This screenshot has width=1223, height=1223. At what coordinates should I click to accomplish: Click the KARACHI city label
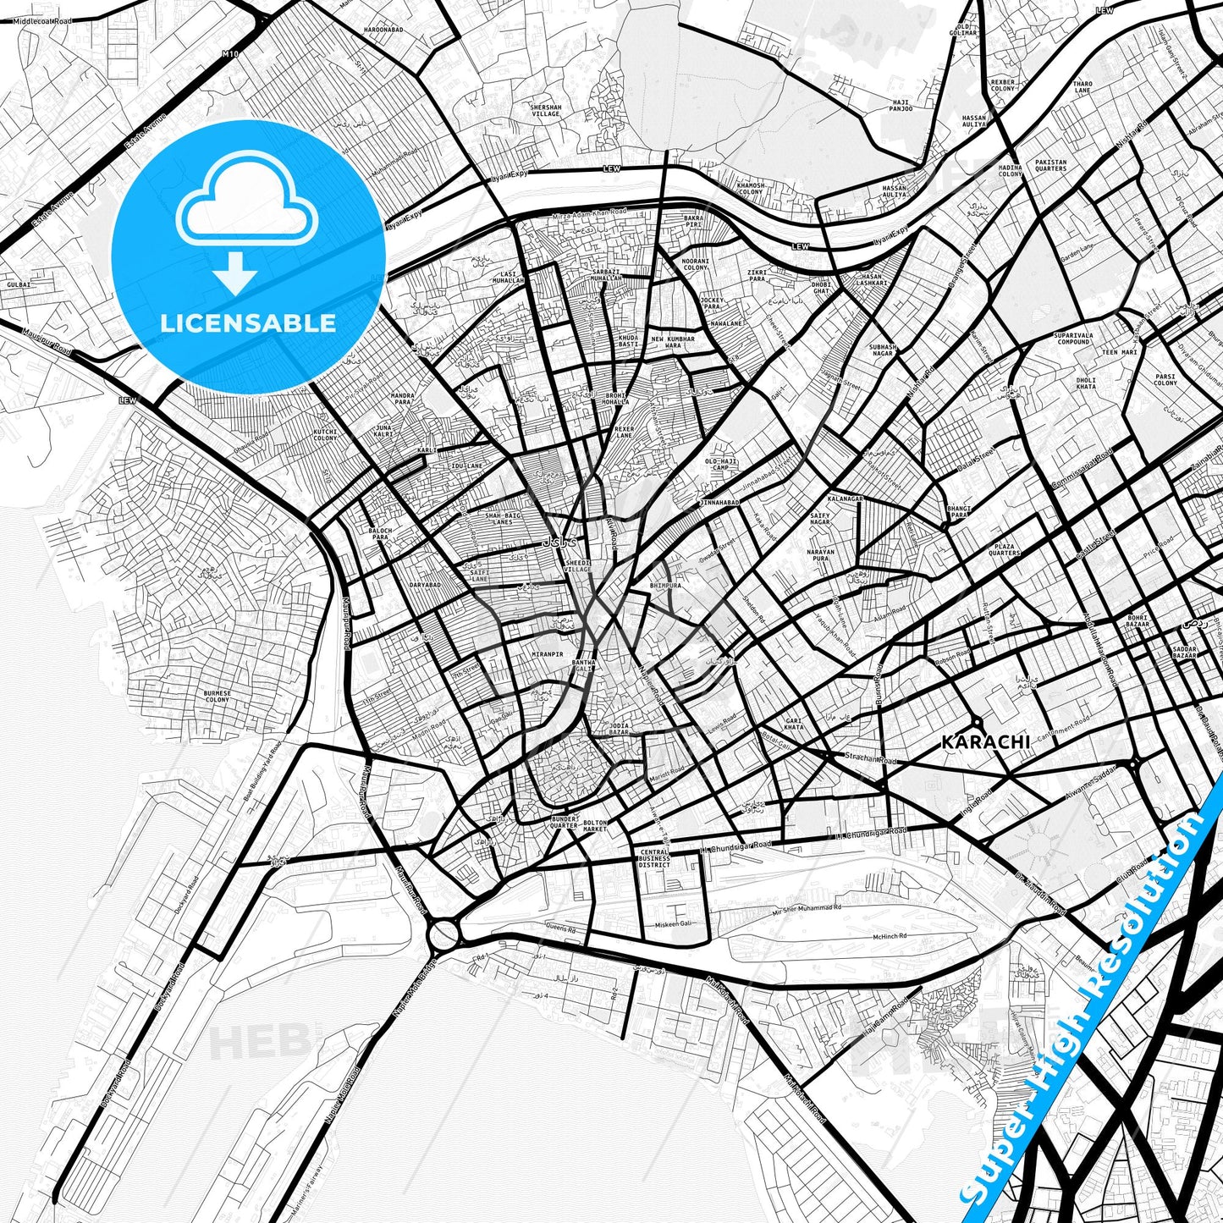coord(986,742)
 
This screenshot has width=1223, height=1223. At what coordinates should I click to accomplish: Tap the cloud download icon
coord(247,222)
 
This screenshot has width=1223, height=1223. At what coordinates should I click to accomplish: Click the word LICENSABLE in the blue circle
coord(249,323)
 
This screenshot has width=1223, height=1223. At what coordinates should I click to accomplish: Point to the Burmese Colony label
coord(218,697)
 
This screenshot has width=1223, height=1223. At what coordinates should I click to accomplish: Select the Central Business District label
coord(654,858)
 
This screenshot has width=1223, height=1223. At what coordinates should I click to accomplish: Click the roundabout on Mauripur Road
coord(443,935)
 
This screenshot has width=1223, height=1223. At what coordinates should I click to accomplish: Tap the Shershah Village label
coord(546,111)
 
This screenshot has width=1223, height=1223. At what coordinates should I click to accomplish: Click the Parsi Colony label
coord(1165,380)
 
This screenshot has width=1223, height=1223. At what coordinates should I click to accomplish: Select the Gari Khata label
coord(794,724)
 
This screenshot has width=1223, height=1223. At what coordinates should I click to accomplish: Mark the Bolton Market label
coord(596,826)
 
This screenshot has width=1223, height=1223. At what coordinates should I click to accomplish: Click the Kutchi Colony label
coord(325,435)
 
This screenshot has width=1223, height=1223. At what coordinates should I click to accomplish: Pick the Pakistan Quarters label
coord(1051,165)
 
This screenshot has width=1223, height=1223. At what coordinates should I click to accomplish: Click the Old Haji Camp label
coord(721,465)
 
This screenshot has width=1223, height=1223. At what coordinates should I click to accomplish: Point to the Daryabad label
coord(424,585)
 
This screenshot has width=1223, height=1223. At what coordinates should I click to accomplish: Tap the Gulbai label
coord(19,284)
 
